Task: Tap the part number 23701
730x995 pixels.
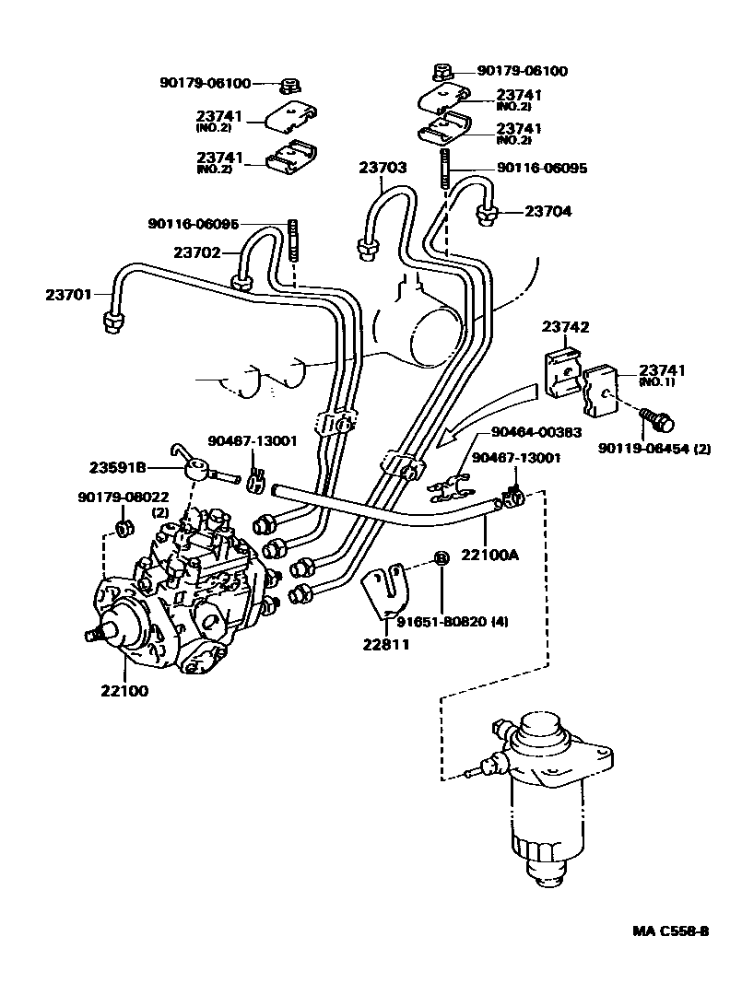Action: (69, 295)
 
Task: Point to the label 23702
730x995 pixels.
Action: (197, 252)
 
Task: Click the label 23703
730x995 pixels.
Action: (383, 167)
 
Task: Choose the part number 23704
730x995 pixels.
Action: (548, 211)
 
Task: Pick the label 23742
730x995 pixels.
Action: (566, 327)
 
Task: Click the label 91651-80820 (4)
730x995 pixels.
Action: (458, 622)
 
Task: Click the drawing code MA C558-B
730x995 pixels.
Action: (670, 931)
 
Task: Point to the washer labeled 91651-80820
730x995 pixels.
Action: (441, 559)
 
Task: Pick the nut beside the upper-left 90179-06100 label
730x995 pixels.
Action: (289, 86)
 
